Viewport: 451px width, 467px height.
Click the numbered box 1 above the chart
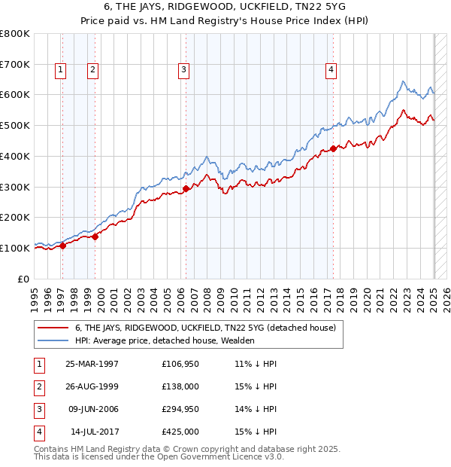click(x=60, y=71)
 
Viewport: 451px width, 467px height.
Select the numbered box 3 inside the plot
click(x=183, y=71)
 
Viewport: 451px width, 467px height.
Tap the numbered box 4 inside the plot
click(x=331, y=71)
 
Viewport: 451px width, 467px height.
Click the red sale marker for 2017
click(x=333, y=149)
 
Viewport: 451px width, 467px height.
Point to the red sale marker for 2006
click(x=186, y=188)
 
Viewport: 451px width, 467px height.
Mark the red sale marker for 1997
click(x=63, y=246)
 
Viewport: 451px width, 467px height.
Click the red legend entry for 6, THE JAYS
click(x=210, y=328)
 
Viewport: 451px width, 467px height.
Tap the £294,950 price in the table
click(x=180, y=409)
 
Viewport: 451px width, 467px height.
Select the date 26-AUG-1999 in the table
click(x=92, y=386)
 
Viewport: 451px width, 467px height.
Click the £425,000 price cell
click(x=180, y=432)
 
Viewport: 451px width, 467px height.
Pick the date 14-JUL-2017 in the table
click(x=92, y=432)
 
